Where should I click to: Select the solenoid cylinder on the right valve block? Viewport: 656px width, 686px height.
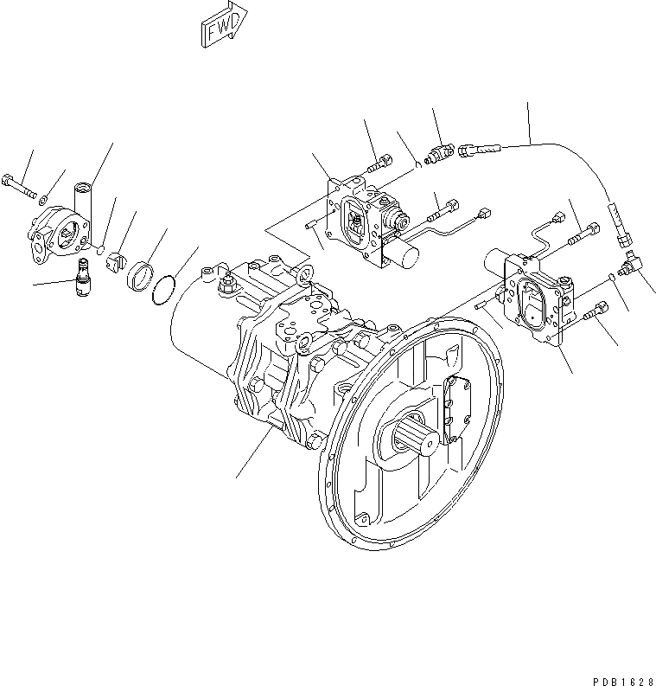coord(500,260)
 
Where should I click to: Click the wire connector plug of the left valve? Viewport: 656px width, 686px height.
coord(484,210)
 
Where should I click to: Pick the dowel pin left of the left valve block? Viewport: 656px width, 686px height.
coord(312,228)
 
